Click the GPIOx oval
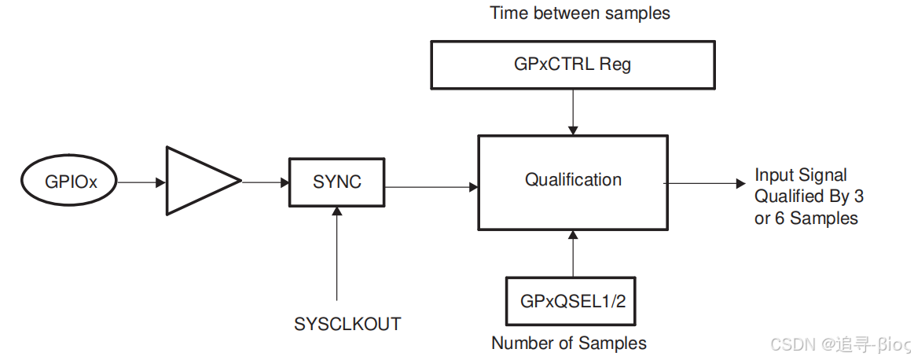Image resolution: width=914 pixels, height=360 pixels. (x=70, y=182)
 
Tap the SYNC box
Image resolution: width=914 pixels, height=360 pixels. (x=337, y=182)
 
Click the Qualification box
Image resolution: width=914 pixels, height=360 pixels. (x=573, y=182)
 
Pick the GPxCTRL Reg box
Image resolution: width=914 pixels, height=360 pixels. (x=573, y=64)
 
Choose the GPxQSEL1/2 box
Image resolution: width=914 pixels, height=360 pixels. (x=573, y=301)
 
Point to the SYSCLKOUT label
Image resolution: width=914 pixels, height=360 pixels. (x=347, y=324)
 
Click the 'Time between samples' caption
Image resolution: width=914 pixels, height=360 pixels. (x=580, y=13)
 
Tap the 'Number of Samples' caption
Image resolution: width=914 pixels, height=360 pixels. (x=569, y=343)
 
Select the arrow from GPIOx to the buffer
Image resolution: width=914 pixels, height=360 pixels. (x=142, y=182)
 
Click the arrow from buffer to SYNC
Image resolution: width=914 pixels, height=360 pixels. (x=265, y=182)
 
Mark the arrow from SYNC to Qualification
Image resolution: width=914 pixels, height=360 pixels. (x=431, y=186)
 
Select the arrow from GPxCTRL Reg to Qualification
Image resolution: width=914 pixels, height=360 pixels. (x=574, y=111)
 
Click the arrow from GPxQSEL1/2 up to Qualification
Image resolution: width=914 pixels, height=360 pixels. (x=574, y=254)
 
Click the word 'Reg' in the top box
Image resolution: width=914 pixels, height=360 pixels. (x=615, y=64)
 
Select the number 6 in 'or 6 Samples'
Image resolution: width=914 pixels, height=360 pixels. (x=780, y=219)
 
